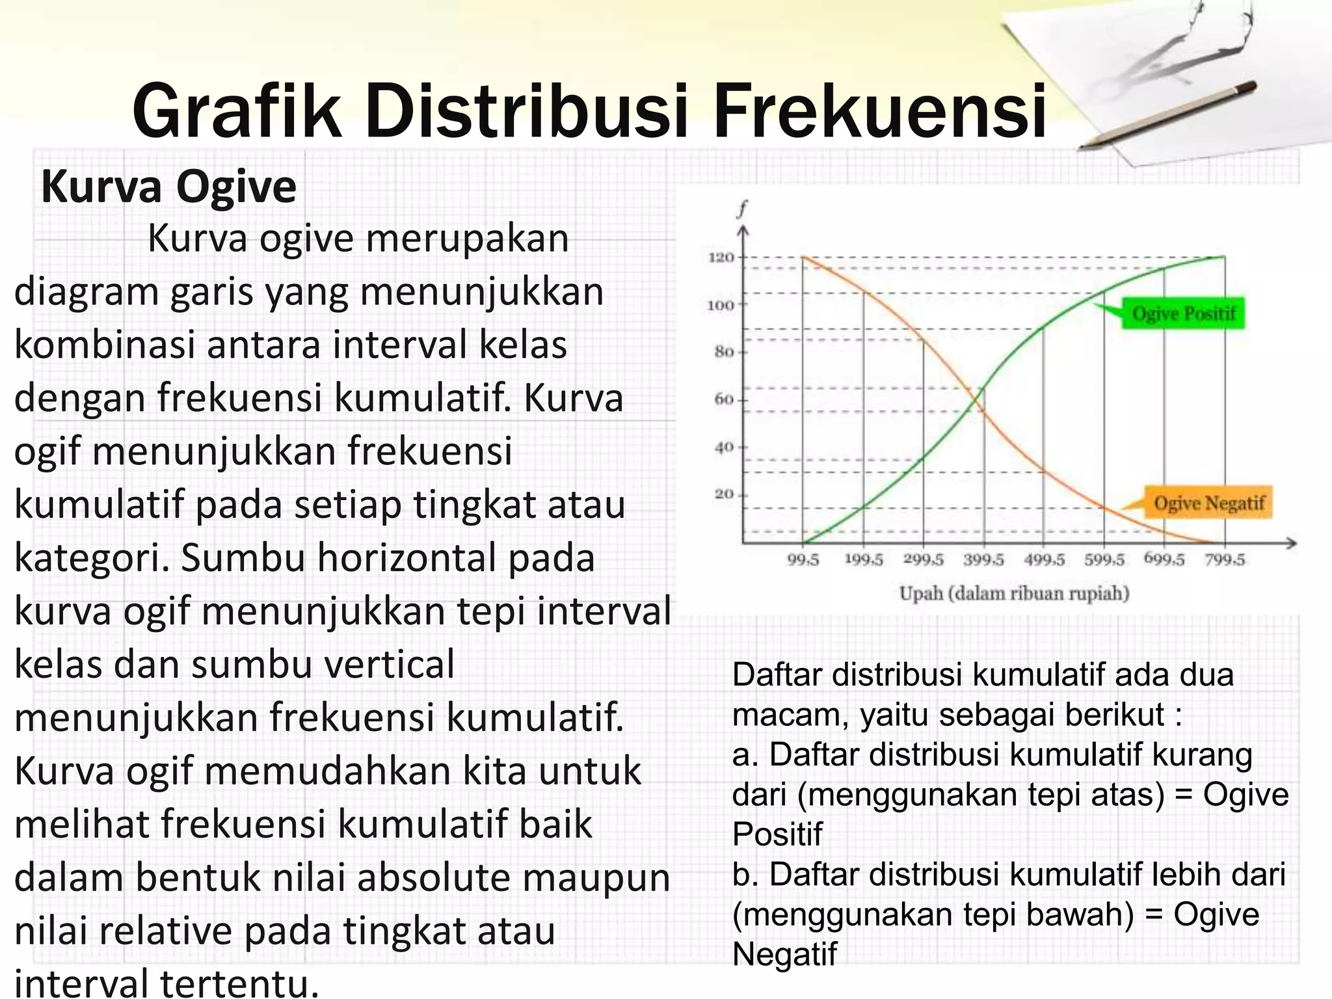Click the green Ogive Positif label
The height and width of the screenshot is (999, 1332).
[x=1183, y=313]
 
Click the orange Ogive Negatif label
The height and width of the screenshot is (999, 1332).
[x=1208, y=503]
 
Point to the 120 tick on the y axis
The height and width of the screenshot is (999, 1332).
[x=721, y=258]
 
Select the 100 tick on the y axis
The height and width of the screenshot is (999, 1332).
[x=721, y=305]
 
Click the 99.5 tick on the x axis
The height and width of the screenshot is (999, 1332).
[x=803, y=560]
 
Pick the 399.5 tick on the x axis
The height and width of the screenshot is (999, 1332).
[x=983, y=560]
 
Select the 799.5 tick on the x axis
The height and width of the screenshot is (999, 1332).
[x=1225, y=560]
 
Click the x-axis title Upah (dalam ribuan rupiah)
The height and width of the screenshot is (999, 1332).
[x=1014, y=593]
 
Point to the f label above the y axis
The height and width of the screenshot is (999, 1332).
[x=742, y=209]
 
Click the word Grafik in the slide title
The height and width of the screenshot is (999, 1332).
[x=237, y=112]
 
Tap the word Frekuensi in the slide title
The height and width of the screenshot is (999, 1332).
[x=879, y=112]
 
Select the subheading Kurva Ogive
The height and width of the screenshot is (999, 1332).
[x=168, y=187]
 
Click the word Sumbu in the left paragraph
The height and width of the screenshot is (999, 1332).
[x=240, y=558]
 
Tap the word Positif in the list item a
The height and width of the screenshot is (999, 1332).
[x=777, y=834]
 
